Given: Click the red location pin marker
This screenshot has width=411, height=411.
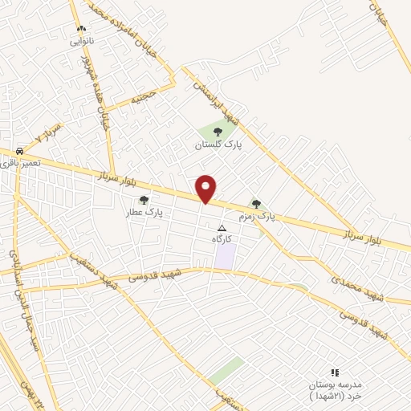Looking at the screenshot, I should (x=206, y=188).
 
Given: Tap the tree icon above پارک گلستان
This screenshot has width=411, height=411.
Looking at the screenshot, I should (x=218, y=132).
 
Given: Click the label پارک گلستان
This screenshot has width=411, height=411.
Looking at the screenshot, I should (x=218, y=144).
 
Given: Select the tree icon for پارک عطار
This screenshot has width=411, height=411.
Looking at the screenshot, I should (x=144, y=201).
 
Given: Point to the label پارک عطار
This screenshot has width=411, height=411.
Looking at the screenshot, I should (x=143, y=214).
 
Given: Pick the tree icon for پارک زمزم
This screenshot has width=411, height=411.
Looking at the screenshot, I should (x=256, y=204).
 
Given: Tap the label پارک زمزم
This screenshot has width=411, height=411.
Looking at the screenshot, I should (x=256, y=217).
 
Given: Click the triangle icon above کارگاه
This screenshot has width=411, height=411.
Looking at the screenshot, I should (x=222, y=228).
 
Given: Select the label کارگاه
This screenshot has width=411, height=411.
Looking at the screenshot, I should (x=222, y=239).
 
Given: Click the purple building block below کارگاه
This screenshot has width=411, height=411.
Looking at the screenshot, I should (x=226, y=256).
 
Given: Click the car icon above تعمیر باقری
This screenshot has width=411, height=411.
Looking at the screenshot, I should (x=18, y=150).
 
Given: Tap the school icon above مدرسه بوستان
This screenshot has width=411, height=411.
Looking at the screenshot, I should (x=335, y=372).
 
